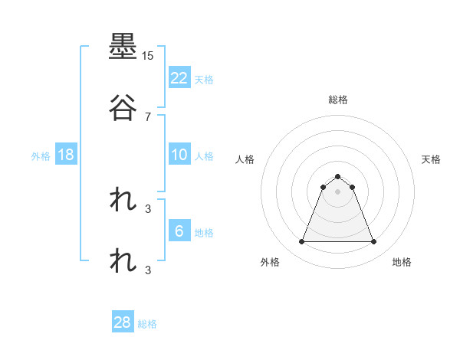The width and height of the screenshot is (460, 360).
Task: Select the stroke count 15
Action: pos(147,56)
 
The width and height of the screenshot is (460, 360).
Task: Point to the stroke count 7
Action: pos(148,117)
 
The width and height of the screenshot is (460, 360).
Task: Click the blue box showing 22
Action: pos(179,77)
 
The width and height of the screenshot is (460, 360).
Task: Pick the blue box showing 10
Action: pos(179,155)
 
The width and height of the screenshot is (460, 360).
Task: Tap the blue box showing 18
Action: pos(66,155)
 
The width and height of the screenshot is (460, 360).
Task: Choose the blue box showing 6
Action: pos(179,231)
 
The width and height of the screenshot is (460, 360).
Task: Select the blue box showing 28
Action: pos(123,322)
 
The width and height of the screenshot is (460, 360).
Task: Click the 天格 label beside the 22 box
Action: pos(204,79)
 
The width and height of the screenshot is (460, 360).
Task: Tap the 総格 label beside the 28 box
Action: pos(147,324)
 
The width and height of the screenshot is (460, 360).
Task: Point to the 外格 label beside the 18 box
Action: pos(41,156)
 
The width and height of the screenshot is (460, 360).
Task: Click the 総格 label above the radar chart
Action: pos(338,100)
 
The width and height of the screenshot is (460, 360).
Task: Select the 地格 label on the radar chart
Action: pos(402,262)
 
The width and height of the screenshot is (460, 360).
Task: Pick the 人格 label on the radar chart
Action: pos(245,159)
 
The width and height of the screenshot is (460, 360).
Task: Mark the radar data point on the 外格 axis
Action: pos(302,242)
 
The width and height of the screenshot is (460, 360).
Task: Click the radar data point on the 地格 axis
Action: pos(374,242)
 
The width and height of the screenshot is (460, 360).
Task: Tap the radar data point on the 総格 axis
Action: pos(338,176)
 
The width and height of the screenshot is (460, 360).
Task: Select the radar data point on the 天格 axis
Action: pos(352,187)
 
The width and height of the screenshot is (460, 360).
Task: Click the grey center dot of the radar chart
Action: pos(338,191)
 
